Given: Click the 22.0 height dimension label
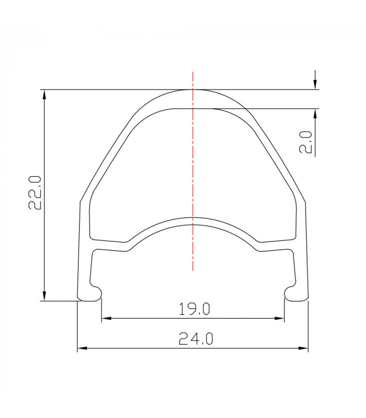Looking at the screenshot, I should [35, 193].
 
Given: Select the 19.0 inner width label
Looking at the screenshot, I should [194, 309].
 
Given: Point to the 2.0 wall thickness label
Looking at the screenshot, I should [306, 142].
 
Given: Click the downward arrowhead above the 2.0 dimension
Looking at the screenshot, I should [315, 85].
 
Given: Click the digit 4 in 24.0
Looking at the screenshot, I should [190, 340].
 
